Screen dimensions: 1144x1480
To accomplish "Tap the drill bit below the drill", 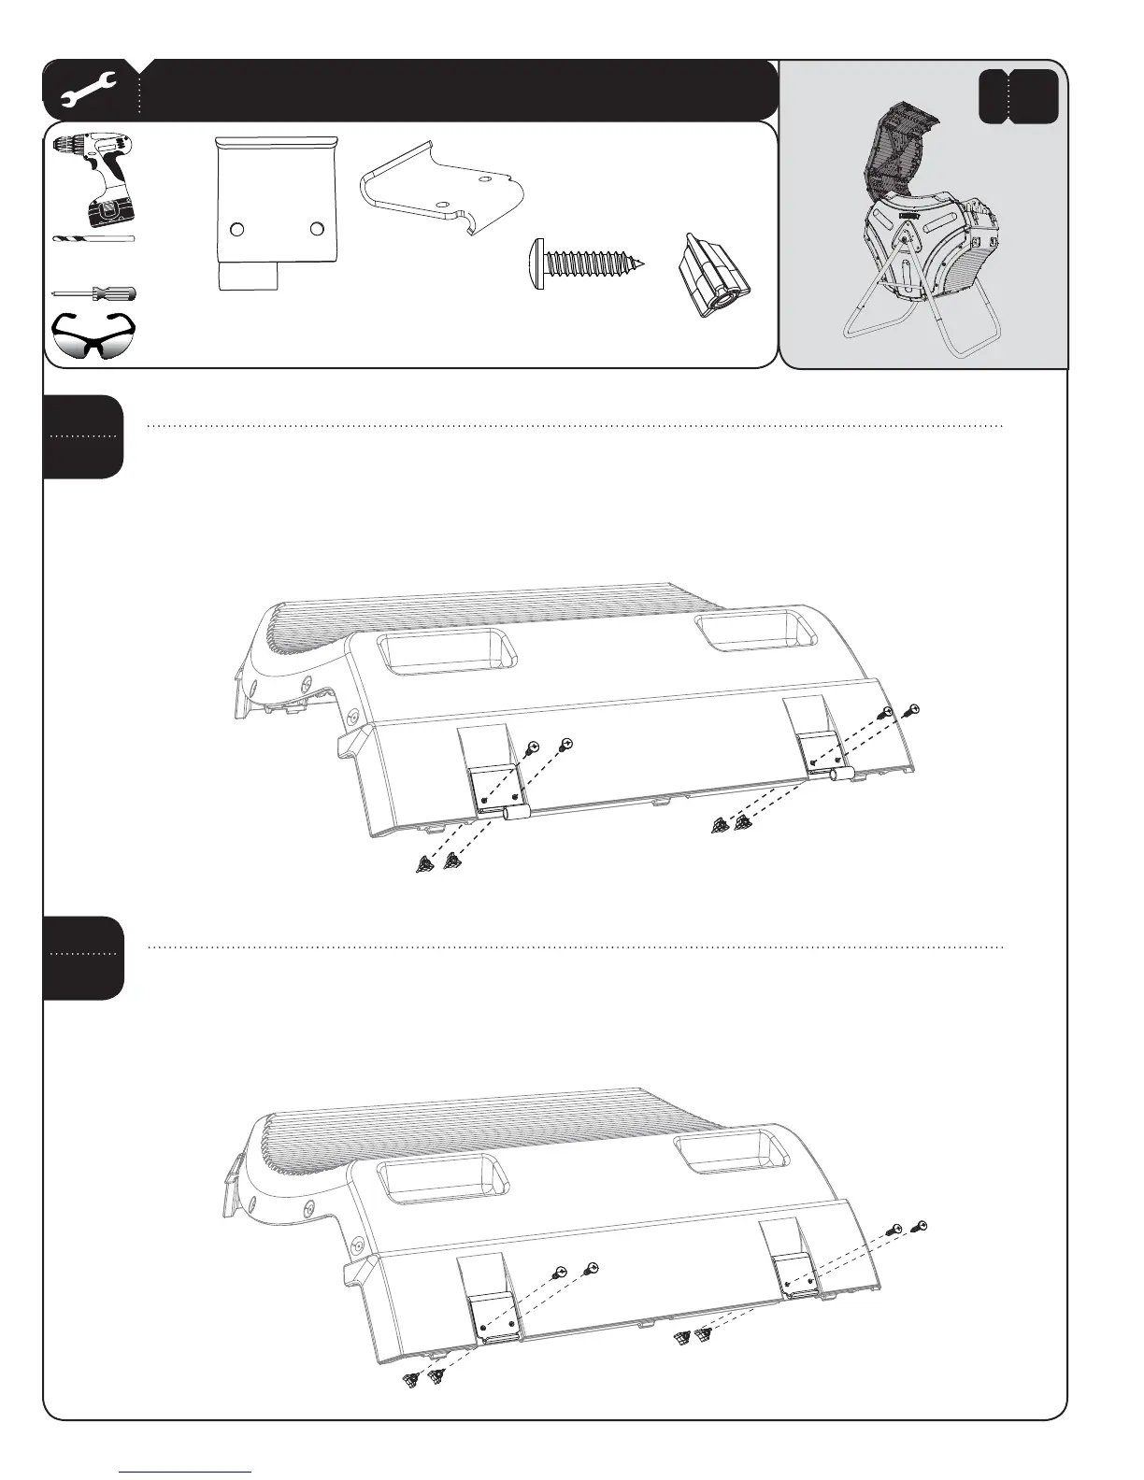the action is click(93, 240).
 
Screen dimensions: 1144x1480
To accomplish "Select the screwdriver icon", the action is click(93, 293).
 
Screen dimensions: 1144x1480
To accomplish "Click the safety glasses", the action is click(93, 334).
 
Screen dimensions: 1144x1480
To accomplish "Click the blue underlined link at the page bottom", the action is click(186, 1472).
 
